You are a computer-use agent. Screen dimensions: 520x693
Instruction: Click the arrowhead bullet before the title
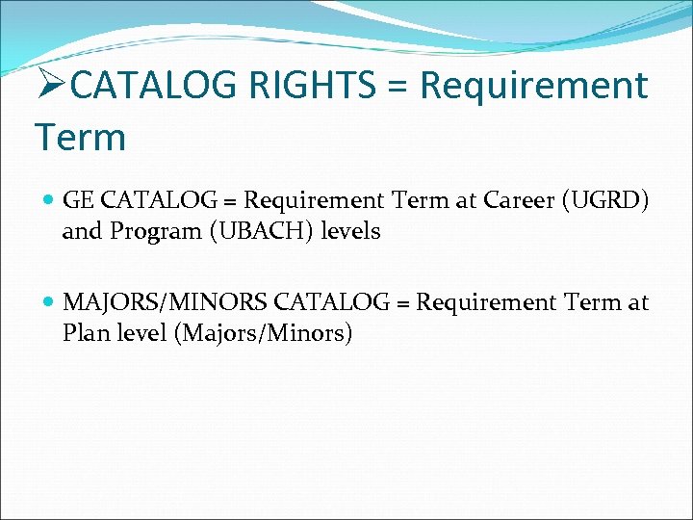pos(51,86)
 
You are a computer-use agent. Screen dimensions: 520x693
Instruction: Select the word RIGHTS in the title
pos(315,86)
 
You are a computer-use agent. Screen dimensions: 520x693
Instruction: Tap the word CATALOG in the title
pos(154,86)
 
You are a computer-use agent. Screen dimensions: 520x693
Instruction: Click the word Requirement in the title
pos(534,86)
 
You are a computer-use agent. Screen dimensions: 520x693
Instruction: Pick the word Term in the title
pos(80,138)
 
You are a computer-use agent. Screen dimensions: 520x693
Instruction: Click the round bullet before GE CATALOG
pos(49,200)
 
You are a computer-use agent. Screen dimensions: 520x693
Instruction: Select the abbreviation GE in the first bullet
pos(79,200)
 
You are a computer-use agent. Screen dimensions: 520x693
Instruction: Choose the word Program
pos(141,232)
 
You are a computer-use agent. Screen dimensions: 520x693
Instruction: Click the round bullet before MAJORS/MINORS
pos(49,302)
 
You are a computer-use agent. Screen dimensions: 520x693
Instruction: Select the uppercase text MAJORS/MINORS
pos(165,302)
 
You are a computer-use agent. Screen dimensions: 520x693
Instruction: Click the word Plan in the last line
pos(85,334)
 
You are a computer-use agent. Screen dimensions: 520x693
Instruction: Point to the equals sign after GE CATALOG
pos(232,201)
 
